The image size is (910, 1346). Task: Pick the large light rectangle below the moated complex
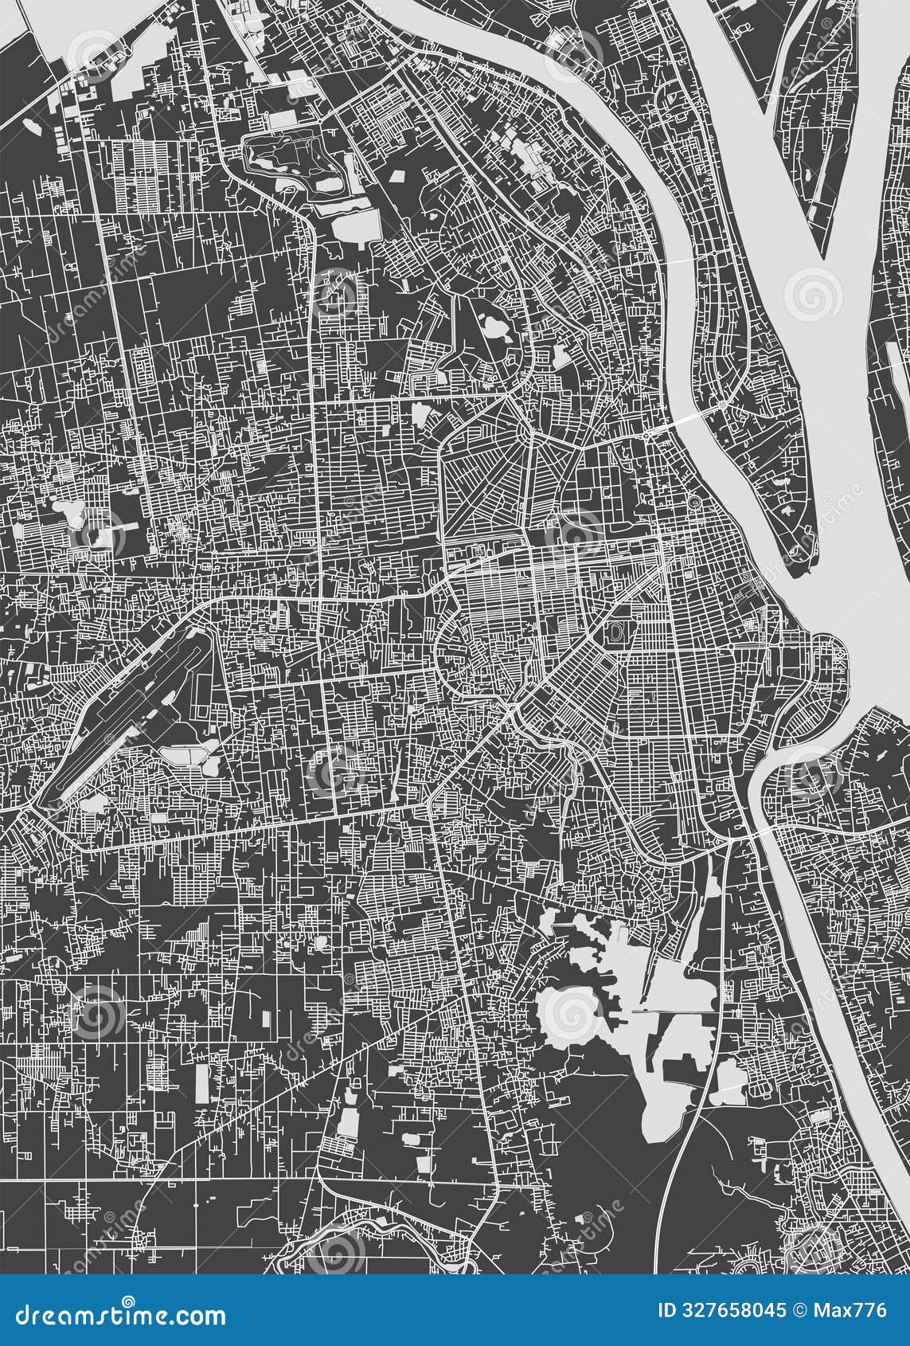coord(353,226)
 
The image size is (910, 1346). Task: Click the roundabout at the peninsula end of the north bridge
coord(721,405)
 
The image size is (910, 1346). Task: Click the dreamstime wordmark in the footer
coord(119,1314)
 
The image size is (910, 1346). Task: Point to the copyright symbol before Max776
coord(801,1310)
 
